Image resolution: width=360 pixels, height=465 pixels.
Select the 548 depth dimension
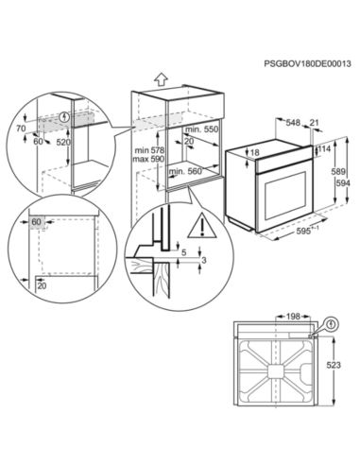coord(294,123)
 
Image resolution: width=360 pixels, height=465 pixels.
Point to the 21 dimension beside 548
coord(315,123)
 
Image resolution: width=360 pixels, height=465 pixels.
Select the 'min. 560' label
coord(187,173)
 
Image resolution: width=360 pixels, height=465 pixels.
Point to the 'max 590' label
coord(146,161)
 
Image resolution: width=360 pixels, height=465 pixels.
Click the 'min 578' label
coord(146,151)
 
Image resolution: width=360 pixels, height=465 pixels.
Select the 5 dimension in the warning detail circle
coord(184,252)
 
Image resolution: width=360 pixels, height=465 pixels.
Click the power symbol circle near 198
coord(332,326)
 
